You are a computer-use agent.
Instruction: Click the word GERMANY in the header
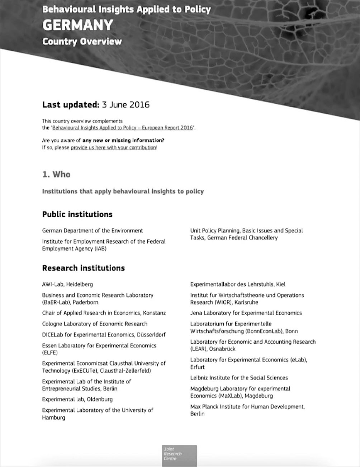tap(77, 25)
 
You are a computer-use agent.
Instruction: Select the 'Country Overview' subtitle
tap(82, 42)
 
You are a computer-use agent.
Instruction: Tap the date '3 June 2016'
tap(125, 105)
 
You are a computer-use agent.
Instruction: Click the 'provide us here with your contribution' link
tap(113, 147)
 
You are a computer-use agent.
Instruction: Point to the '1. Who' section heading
tap(56, 174)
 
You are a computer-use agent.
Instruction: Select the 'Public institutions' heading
tap(77, 214)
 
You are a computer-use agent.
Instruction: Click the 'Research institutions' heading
tap(83, 268)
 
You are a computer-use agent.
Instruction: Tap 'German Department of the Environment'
tap(92, 231)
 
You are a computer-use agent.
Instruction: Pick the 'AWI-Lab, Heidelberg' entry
tap(67, 284)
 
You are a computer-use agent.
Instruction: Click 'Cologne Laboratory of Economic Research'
tap(95, 324)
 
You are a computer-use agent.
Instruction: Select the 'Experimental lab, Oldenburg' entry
tap(77, 399)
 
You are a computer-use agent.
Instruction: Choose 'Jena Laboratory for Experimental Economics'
tap(246, 313)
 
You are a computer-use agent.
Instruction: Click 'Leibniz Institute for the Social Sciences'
tap(239, 378)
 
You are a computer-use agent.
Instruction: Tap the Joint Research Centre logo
tap(180, 454)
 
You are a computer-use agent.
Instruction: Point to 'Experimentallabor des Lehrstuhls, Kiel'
tap(238, 284)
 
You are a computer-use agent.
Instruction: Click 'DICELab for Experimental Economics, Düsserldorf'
tap(104, 335)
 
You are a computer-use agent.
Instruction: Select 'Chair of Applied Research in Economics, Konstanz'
tap(104, 313)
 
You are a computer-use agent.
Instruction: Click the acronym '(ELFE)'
tap(50, 353)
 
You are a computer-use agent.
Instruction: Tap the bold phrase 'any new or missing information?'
tap(123, 140)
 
